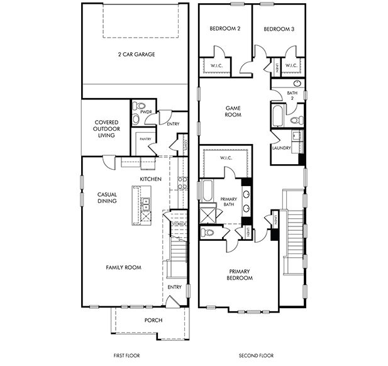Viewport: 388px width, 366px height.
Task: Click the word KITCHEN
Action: [x=151, y=179]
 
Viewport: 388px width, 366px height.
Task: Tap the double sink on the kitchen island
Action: [x=146, y=203]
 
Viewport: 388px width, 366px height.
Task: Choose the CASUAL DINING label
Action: [x=108, y=198]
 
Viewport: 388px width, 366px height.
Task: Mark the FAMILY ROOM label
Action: [x=123, y=267]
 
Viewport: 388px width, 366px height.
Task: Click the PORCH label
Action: [x=153, y=321]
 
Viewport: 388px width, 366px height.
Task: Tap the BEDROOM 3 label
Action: [x=278, y=29]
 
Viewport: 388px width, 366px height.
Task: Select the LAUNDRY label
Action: [x=280, y=148]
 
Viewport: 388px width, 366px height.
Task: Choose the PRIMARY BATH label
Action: [x=228, y=202]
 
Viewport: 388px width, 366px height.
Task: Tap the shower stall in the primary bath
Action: [x=208, y=214]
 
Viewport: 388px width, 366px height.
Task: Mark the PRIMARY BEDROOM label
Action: [x=239, y=274]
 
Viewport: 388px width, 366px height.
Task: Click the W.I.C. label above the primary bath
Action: [x=226, y=158]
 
